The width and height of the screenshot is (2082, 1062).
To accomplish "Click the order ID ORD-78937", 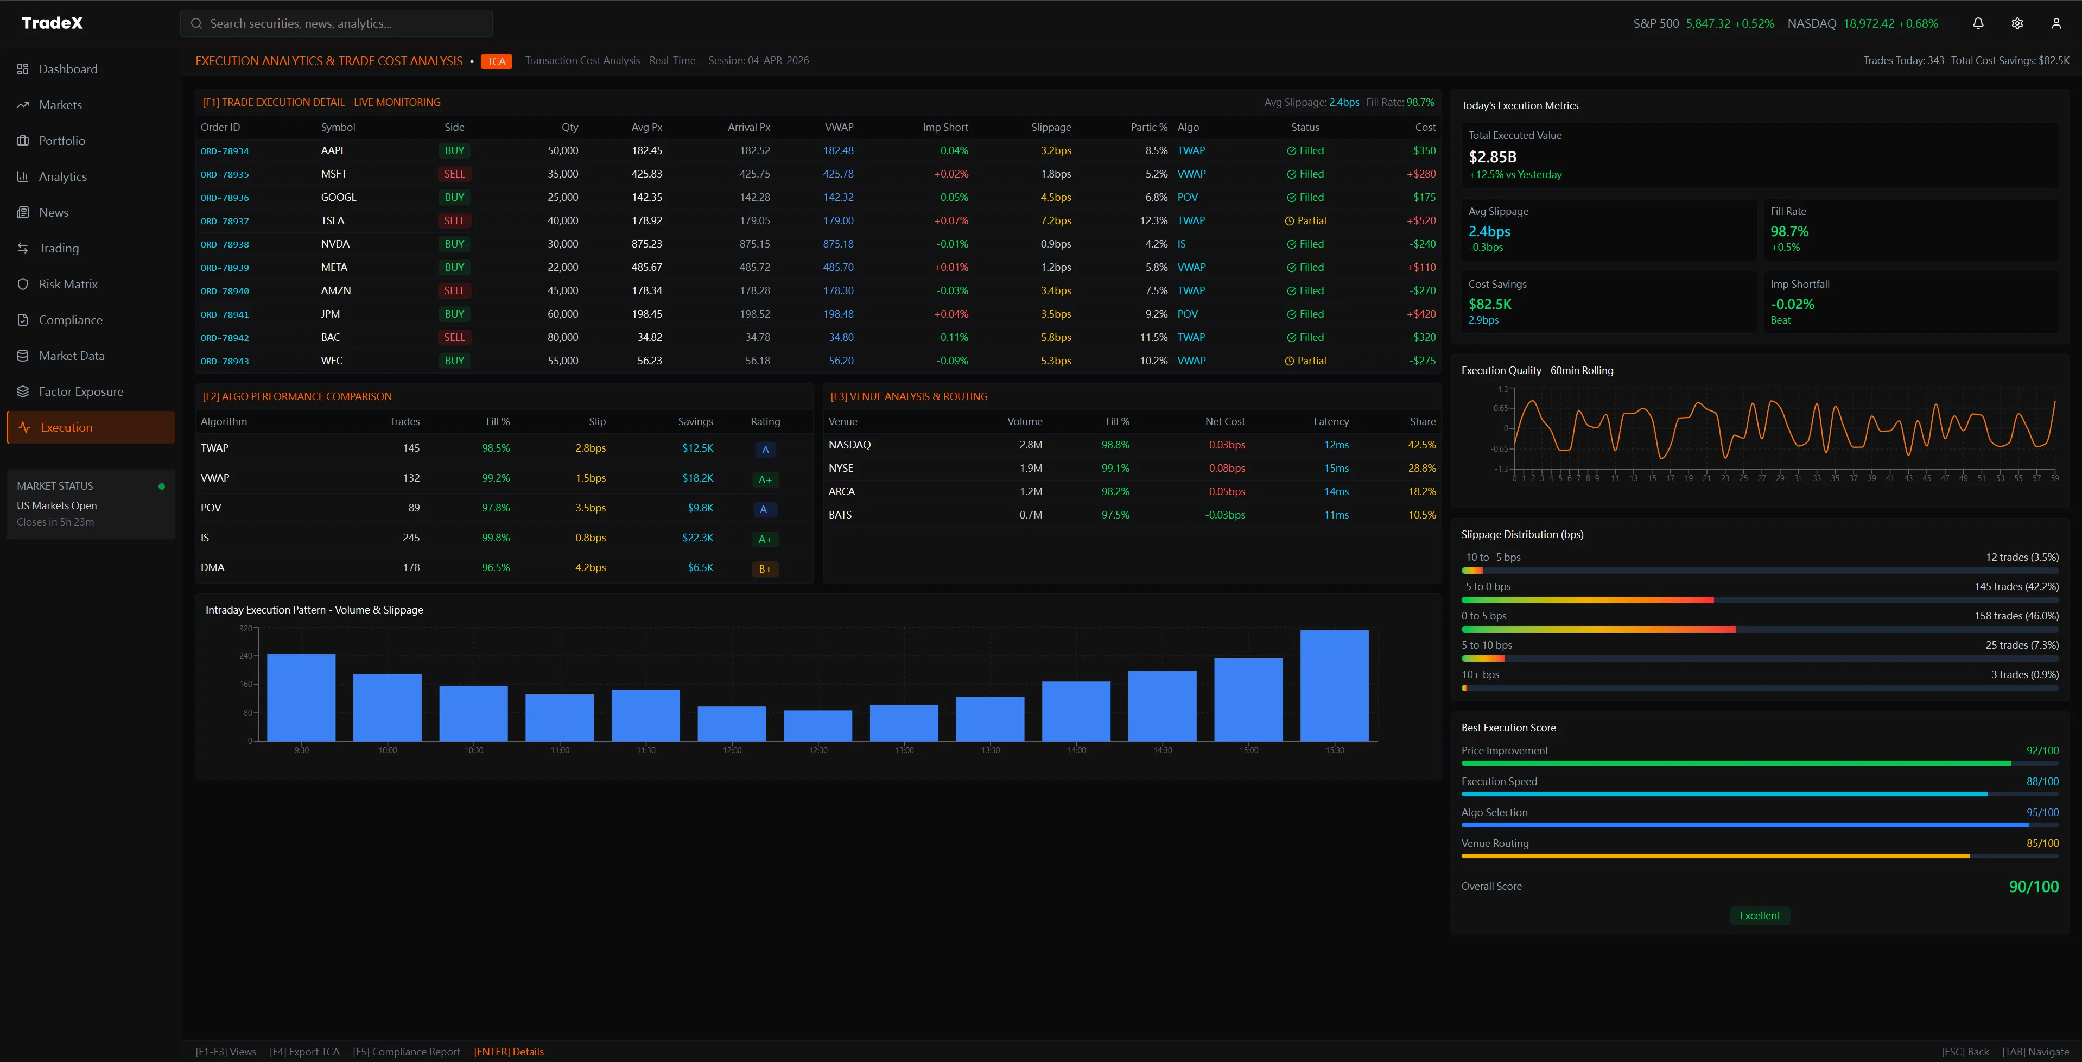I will pyautogui.click(x=225, y=220).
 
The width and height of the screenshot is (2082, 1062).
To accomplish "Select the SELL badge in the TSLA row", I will pyautogui.click(x=454, y=220).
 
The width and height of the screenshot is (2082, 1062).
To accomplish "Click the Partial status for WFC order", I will pyautogui.click(x=1305, y=361).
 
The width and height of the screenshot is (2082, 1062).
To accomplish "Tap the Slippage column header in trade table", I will pyautogui.click(x=1051, y=127).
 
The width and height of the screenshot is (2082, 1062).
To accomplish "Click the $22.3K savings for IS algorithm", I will pyautogui.click(x=697, y=538).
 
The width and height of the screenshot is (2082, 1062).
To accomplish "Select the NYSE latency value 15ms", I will pyautogui.click(x=1336, y=468).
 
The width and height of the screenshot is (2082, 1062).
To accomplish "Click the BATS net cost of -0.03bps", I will pyautogui.click(x=1226, y=515).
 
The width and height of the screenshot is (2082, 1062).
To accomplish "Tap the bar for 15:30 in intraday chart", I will pyautogui.click(x=1335, y=685).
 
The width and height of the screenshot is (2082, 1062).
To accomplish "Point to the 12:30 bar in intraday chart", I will pyautogui.click(x=818, y=726).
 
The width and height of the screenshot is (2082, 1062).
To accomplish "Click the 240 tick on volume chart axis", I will pyautogui.click(x=246, y=655).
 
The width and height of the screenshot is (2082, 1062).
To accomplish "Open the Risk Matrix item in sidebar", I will pyautogui.click(x=68, y=283).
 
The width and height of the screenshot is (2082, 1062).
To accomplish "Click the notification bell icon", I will pyautogui.click(x=1978, y=23).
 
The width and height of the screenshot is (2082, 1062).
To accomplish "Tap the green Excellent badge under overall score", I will pyautogui.click(x=1760, y=915).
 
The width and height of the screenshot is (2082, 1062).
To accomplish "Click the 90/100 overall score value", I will pyautogui.click(x=2034, y=887).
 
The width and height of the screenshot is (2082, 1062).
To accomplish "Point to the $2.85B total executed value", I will pyautogui.click(x=1492, y=157).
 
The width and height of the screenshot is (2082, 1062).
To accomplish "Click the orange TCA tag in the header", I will pyautogui.click(x=496, y=61).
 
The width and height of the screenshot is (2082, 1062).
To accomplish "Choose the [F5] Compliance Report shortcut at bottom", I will pyautogui.click(x=406, y=1052).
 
